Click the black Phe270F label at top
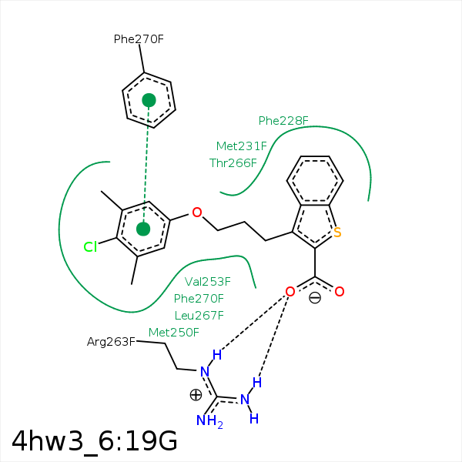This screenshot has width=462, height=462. pos(139,38)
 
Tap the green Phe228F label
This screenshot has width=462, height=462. pos(283,120)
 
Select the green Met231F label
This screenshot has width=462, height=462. pos(241,146)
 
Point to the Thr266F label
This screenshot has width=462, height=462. pos(233,162)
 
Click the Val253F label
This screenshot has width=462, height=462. pos(208,282)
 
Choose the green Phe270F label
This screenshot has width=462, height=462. pos(199,299)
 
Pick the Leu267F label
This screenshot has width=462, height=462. pos(199,316)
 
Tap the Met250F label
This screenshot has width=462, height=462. pos(173,333)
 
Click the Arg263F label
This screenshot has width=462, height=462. pos(111,341)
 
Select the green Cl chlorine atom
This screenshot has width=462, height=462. pos(91,247)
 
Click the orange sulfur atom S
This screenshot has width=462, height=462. pos(337,232)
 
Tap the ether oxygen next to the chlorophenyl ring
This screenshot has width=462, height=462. pos(197,212)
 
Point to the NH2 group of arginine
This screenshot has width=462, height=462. pos(209,420)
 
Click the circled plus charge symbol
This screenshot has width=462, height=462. pos(196,394)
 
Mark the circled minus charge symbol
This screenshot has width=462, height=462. pos(314,299)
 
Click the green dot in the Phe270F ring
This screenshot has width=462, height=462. pos(149,100)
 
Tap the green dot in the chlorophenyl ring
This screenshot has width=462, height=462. pos(142,229)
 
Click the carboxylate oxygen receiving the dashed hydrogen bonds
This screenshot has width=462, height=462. pos(290,291)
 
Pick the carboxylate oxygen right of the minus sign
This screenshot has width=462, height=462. pos(339,291)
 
